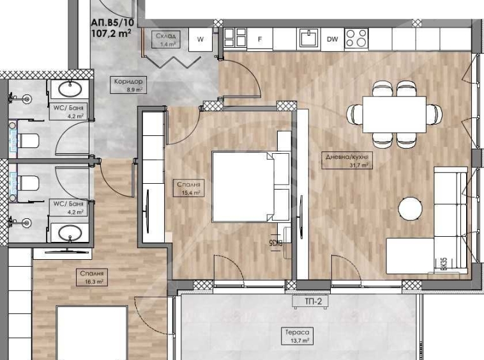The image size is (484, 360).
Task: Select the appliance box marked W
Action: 200,39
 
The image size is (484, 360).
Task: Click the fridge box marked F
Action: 259,39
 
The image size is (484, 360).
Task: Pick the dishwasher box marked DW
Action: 332,39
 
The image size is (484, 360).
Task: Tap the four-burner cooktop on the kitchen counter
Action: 356,39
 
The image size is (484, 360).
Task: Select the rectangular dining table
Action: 394,114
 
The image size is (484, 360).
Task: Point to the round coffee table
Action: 410,208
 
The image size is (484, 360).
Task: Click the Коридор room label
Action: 128,82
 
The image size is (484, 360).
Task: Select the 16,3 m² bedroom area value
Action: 94,281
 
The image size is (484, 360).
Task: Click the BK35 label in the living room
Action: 443,262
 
